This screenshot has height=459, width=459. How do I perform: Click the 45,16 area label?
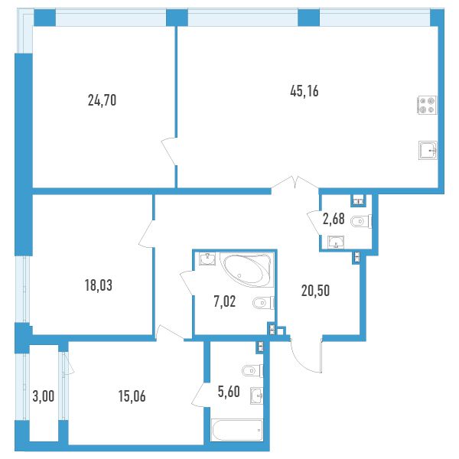tap(304, 91)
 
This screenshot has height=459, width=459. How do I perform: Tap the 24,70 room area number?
tap(102, 100)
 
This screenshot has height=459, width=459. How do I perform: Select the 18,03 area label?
tap(99, 285)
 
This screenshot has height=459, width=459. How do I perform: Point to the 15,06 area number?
tap(132, 396)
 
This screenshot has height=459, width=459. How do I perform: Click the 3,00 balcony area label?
tap(44, 396)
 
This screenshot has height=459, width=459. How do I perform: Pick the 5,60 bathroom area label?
tap(229, 392)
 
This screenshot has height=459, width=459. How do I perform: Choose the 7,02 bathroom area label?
tap(224, 301)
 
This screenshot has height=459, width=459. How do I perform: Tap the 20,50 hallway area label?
tap(315, 291)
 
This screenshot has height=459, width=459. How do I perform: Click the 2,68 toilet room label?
tap(334, 219)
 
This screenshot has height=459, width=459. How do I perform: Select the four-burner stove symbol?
tap(427, 105)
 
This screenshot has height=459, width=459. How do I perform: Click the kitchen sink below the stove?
tap(428, 150)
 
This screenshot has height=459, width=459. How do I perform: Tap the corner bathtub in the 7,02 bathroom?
tap(246, 270)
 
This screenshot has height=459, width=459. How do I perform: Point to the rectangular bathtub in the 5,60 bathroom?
tap(237, 430)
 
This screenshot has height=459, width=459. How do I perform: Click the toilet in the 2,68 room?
tap(361, 222)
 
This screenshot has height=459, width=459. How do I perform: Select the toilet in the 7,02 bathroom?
tap(263, 303)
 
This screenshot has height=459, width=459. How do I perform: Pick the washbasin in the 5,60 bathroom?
tap(257, 396)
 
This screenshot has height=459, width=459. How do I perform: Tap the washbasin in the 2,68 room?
tap(336, 242)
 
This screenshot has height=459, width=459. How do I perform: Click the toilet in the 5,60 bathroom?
tap(252, 371)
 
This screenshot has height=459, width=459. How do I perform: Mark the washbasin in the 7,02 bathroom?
tap(207, 259)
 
